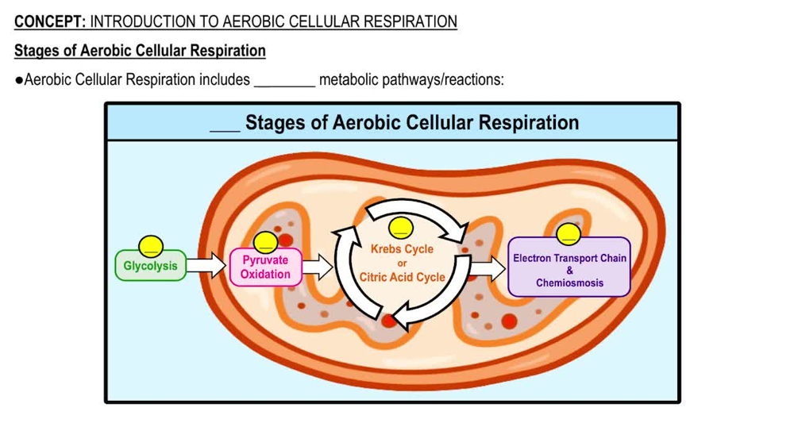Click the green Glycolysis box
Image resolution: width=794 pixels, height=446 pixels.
pyautogui.click(x=151, y=266)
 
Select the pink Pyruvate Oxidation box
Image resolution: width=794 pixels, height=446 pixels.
pyautogui.click(x=265, y=267)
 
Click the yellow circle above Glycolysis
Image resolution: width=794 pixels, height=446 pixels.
pyautogui.click(x=151, y=245)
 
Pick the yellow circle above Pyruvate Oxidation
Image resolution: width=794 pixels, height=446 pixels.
pyautogui.click(x=265, y=242)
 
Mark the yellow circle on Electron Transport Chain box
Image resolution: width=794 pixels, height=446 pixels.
pyautogui.click(x=568, y=233)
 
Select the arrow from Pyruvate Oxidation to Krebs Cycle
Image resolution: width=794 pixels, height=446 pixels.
pyautogui.click(x=318, y=267)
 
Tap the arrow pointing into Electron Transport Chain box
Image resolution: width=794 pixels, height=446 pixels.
pyautogui.click(x=487, y=269)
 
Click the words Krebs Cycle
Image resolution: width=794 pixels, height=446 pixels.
pyautogui.click(x=402, y=249)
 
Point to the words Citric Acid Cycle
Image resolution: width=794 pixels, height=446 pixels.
pyautogui.click(x=402, y=278)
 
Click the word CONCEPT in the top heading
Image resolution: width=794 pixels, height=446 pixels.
pyautogui.click(x=49, y=21)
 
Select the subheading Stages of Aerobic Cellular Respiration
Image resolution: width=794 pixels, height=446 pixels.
pyautogui.click(x=140, y=51)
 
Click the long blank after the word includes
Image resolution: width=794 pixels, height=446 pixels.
pyautogui.click(x=284, y=80)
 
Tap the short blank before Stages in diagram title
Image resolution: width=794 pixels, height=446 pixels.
pyautogui.click(x=225, y=125)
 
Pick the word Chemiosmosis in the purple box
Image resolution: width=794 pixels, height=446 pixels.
pyautogui.click(x=569, y=283)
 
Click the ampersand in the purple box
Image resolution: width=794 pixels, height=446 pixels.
pyautogui.click(x=569, y=271)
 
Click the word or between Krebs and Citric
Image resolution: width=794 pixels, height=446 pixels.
pyautogui.click(x=402, y=263)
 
